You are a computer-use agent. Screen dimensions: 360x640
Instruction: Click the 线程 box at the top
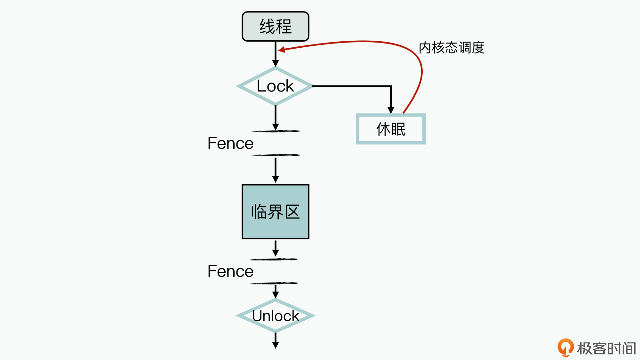point(275,27)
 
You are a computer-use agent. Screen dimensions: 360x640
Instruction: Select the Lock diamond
point(275,86)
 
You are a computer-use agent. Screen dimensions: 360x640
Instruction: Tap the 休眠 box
point(391,129)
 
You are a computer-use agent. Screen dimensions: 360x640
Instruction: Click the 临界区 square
point(275,212)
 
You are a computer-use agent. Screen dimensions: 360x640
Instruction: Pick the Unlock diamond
point(275,316)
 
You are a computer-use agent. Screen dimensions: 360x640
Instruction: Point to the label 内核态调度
point(452,48)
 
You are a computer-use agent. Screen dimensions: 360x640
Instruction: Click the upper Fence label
point(230,143)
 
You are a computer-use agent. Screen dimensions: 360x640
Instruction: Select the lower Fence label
point(230,271)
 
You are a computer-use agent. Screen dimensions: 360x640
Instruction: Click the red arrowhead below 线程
point(282,50)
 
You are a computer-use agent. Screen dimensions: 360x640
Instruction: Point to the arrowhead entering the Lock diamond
point(276,63)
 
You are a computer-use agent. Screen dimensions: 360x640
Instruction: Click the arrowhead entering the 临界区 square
point(276,179)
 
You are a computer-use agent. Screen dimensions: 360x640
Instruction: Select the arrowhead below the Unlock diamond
point(276,345)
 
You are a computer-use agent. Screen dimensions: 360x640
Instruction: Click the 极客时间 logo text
point(606,348)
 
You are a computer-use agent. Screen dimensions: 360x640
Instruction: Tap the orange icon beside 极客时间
point(565,347)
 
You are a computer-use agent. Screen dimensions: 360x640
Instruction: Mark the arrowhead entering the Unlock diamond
point(276,295)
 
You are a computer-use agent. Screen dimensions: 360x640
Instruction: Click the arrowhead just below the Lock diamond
point(276,127)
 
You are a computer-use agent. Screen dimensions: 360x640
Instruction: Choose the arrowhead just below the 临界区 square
point(276,253)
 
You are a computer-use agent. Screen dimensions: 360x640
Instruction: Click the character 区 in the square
point(292,212)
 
